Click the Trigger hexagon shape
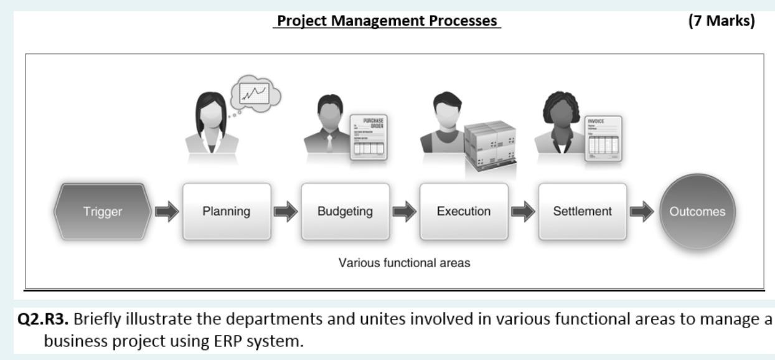[103, 211]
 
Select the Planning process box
[227, 211]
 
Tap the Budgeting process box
[345, 211]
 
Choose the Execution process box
[464, 211]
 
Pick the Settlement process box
[582, 211]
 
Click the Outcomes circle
[697, 212]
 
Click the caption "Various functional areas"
[404, 262]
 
